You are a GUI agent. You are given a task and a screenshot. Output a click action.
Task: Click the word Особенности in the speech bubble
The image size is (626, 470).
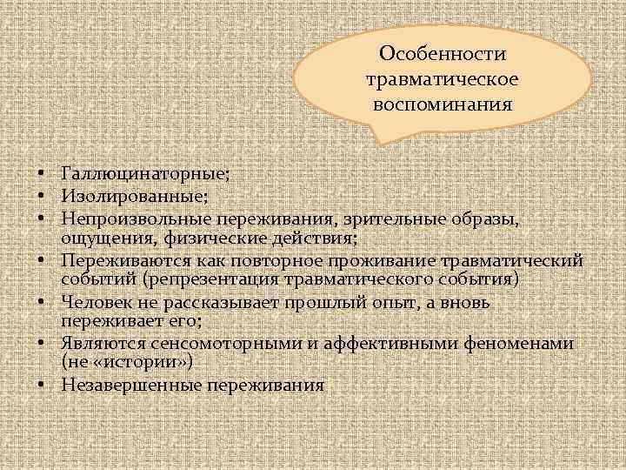coord(443,54)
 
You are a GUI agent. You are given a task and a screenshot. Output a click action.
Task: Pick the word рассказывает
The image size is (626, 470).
coord(212,303)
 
